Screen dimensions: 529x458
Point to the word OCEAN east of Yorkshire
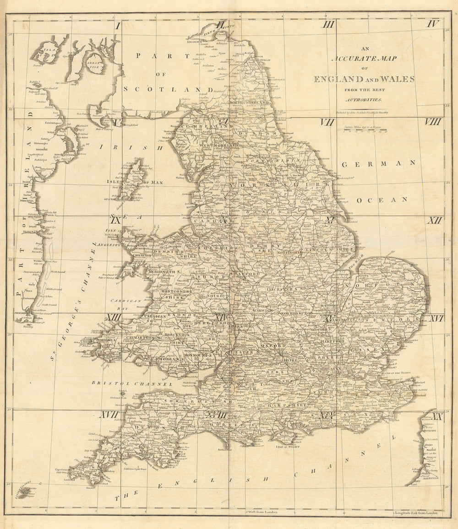point(382,200)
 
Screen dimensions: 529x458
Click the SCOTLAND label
point(168,89)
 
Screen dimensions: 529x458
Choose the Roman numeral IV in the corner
point(433,24)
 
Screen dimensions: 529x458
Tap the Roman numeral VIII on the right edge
point(432,122)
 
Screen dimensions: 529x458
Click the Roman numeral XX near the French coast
point(436,416)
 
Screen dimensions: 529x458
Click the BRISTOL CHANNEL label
point(131,383)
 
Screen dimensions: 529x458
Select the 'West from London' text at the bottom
point(262,512)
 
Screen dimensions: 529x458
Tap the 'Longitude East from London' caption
point(417,513)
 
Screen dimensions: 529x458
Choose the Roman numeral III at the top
point(328,24)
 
